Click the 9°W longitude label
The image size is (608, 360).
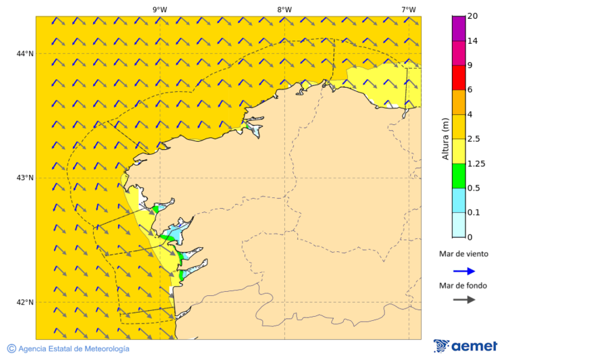(160, 9)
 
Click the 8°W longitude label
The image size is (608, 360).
(284, 9)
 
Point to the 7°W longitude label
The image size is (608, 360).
(408, 9)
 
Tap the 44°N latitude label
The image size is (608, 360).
(25, 53)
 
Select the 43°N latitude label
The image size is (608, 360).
(25, 178)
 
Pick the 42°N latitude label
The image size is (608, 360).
(25, 302)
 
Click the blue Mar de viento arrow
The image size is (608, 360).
(463, 271)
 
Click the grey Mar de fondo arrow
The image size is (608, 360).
(463, 300)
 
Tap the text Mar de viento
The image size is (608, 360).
(463, 254)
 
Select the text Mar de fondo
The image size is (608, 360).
(463, 285)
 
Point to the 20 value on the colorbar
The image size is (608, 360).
(473, 16)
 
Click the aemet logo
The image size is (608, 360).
(465, 346)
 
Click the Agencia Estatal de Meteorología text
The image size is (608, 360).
(74, 349)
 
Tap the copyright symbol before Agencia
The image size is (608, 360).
(11, 349)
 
